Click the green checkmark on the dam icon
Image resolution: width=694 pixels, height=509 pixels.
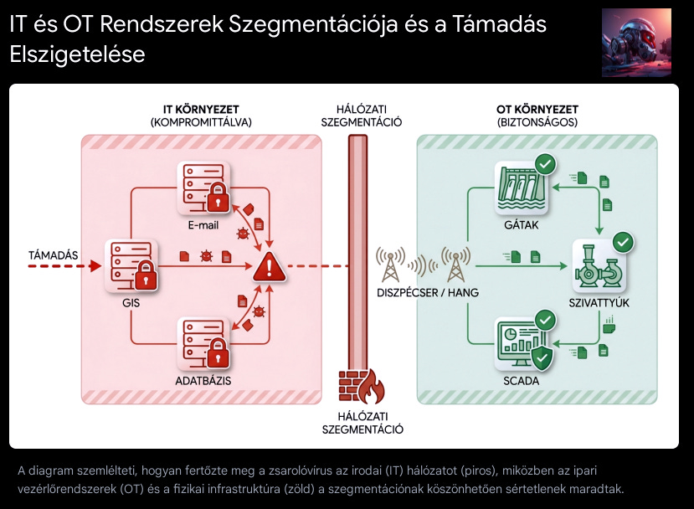click(545, 164)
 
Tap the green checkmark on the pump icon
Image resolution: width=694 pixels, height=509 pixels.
click(624, 243)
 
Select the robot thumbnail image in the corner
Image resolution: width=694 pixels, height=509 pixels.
click(636, 43)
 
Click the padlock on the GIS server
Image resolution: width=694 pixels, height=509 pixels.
click(146, 274)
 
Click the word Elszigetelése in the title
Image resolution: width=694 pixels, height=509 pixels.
click(77, 55)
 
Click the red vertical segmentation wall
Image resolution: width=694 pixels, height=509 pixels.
click(357, 251)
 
